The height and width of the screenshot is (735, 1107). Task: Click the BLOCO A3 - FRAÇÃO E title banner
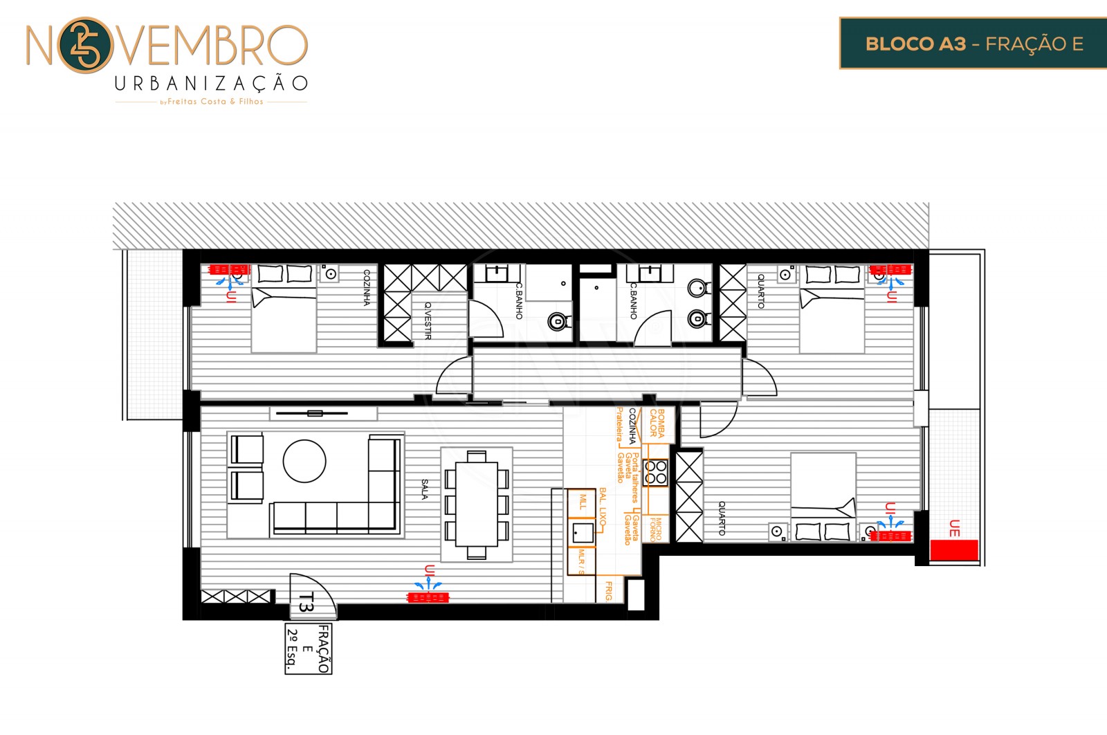click(x=973, y=44)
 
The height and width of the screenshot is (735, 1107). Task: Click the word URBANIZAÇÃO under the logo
click(x=211, y=84)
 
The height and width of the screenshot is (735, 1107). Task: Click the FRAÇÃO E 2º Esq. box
click(x=308, y=648)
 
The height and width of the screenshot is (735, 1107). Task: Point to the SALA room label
click(x=425, y=489)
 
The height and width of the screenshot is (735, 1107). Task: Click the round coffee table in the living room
click(x=304, y=461)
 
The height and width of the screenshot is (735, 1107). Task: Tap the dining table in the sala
click(x=477, y=503)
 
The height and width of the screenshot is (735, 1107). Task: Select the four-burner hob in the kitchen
click(x=655, y=473)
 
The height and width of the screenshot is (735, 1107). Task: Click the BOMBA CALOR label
click(x=657, y=423)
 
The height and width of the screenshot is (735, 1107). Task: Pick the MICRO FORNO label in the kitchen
click(x=655, y=529)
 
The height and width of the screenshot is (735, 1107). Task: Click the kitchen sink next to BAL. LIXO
click(x=583, y=533)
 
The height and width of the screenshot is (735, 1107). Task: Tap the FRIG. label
click(x=609, y=591)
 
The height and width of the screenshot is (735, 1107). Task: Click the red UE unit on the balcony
click(x=953, y=550)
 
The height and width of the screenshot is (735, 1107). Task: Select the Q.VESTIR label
click(x=428, y=320)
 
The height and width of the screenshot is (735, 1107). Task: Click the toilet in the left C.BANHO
click(x=557, y=321)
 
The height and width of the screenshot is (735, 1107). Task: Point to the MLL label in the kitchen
click(x=583, y=501)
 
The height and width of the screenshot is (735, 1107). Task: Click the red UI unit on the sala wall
click(x=428, y=597)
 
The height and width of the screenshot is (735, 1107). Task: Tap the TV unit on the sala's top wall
click(x=315, y=413)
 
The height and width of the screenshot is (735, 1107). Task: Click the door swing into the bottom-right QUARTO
click(x=716, y=423)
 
